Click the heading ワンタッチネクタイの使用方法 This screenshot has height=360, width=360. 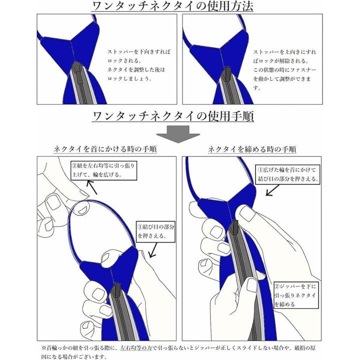point(172,6)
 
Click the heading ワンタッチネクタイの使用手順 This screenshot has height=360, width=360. point(173,116)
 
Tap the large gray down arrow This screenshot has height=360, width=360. point(178,134)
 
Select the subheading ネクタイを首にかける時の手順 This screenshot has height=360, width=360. point(105,149)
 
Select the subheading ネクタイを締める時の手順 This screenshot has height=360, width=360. point(252,149)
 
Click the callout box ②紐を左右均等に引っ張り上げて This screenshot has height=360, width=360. point(104,170)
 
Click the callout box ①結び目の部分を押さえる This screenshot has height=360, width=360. point(155,231)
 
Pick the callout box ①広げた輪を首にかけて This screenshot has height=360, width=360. point(287,174)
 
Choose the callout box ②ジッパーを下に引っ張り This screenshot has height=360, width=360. point(296,295)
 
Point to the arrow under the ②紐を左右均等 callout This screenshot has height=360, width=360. point(92,187)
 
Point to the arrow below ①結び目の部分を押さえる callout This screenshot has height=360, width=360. point(153,250)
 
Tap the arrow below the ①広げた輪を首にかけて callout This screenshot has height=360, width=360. point(272,190)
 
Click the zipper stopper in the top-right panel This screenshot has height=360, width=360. point(227,74)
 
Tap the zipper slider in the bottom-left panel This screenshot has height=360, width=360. point(117,289)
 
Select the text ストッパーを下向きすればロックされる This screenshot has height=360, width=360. point(139,56)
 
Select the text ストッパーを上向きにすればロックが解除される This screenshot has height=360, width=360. point(284,56)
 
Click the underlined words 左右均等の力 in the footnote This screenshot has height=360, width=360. point(136,348)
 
